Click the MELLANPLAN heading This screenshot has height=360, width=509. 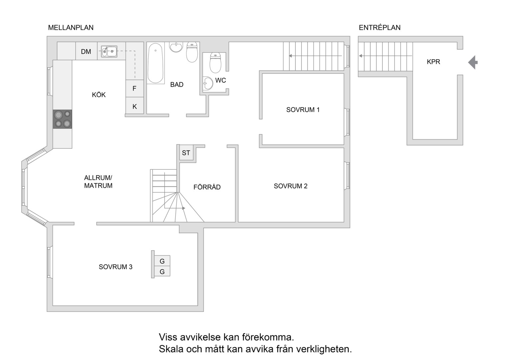pyautogui.click(x=71, y=28)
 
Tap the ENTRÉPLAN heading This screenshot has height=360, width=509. pyautogui.click(x=379, y=28)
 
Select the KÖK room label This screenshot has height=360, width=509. pyautogui.click(x=99, y=95)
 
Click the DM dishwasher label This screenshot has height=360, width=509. pyautogui.click(x=86, y=52)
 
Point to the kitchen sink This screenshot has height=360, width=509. pyautogui.click(x=109, y=51)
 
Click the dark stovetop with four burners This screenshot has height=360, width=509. pyautogui.click(x=63, y=119)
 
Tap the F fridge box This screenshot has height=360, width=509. pyautogui.click(x=135, y=88)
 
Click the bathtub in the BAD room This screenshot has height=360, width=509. pyautogui.click(x=156, y=63)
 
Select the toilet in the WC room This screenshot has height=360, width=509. pyautogui.click(x=215, y=62)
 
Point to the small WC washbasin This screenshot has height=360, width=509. pyautogui.click(x=208, y=83)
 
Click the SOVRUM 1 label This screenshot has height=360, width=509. pyautogui.click(x=303, y=110)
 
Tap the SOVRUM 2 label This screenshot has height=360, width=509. pyautogui.click(x=290, y=186)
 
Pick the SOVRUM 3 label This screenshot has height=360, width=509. pyautogui.click(x=116, y=267)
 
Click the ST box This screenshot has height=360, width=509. pyautogui.click(x=186, y=153)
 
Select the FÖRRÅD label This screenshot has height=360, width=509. pyautogui.click(x=207, y=187)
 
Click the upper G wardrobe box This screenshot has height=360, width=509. pyautogui.click(x=162, y=261)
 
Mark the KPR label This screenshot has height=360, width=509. pyautogui.click(x=433, y=62)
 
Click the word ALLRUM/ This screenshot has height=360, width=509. pyautogui.click(x=98, y=178)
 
